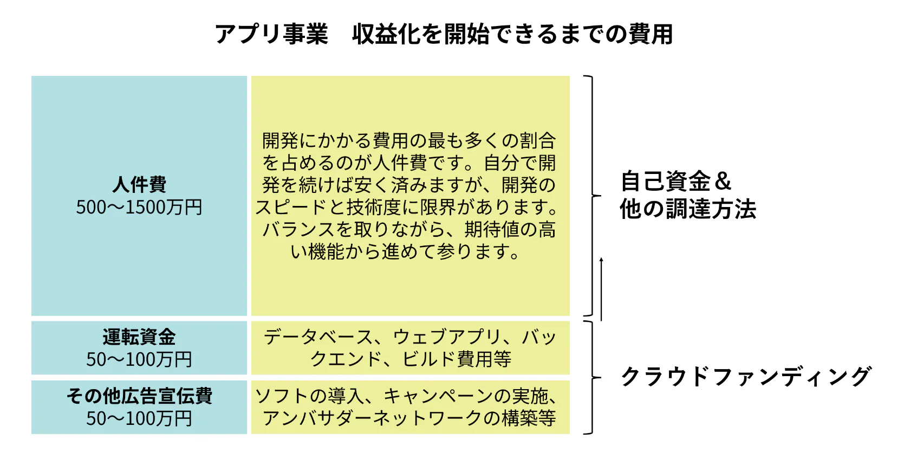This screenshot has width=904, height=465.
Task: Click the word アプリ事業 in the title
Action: pyautogui.click(x=271, y=34)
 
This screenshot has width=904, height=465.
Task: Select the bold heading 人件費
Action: pyautogui.click(x=139, y=184)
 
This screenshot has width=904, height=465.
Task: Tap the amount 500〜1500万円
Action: pyautogui.click(x=139, y=207)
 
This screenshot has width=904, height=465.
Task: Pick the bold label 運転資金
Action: pyautogui.click(x=139, y=337)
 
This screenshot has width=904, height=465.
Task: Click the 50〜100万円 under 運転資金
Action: pyautogui.click(x=139, y=359)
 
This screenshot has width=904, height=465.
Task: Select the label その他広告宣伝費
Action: pyautogui.click(x=139, y=396)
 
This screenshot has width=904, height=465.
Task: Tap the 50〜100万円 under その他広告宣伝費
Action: pyautogui.click(x=139, y=418)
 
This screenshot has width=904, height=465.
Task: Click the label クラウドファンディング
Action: pyautogui.click(x=746, y=376)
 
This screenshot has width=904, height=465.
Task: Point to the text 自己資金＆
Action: pyautogui.click(x=675, y=181)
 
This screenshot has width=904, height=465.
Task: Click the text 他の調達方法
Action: pyautogui.click(x=688, y=209)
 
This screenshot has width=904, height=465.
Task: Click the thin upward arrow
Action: pyautogui.click(x=601, y=289)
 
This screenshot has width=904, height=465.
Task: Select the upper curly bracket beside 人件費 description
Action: pyautogui.click(x=592, y=196)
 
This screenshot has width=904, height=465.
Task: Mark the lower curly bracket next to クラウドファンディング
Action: pyautogui.click(x=592, y=377)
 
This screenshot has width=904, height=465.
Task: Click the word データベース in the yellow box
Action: pyautogui.click(x=318, y=337)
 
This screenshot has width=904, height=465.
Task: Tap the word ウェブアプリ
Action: pyautogui.click(x=447, y=337)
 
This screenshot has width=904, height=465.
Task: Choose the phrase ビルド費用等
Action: pyautogui.click(x=457, y=359)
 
